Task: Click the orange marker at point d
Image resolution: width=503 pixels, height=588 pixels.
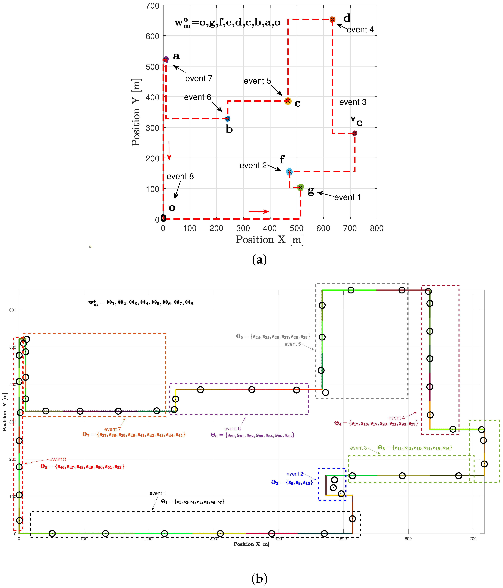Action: click(332, 19)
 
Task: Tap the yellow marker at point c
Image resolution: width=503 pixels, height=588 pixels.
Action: click(288, 101)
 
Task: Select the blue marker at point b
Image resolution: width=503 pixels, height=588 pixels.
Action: click(228, 119)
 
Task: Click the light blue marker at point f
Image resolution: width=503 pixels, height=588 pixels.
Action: click(289, 172)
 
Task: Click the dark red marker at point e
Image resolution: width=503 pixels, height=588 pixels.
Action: click(355, 133)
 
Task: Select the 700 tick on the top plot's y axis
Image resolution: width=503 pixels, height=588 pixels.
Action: click(152, 6)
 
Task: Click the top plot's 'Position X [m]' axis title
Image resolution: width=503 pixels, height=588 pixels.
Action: click(270, 240)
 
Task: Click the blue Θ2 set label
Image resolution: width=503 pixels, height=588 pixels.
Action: click(292, 482)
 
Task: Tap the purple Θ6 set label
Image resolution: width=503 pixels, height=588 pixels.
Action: click(252, 435)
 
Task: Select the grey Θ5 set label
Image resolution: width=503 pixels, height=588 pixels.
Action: click(273, 337)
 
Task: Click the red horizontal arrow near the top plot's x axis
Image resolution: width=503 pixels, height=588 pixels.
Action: click(258, 211)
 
